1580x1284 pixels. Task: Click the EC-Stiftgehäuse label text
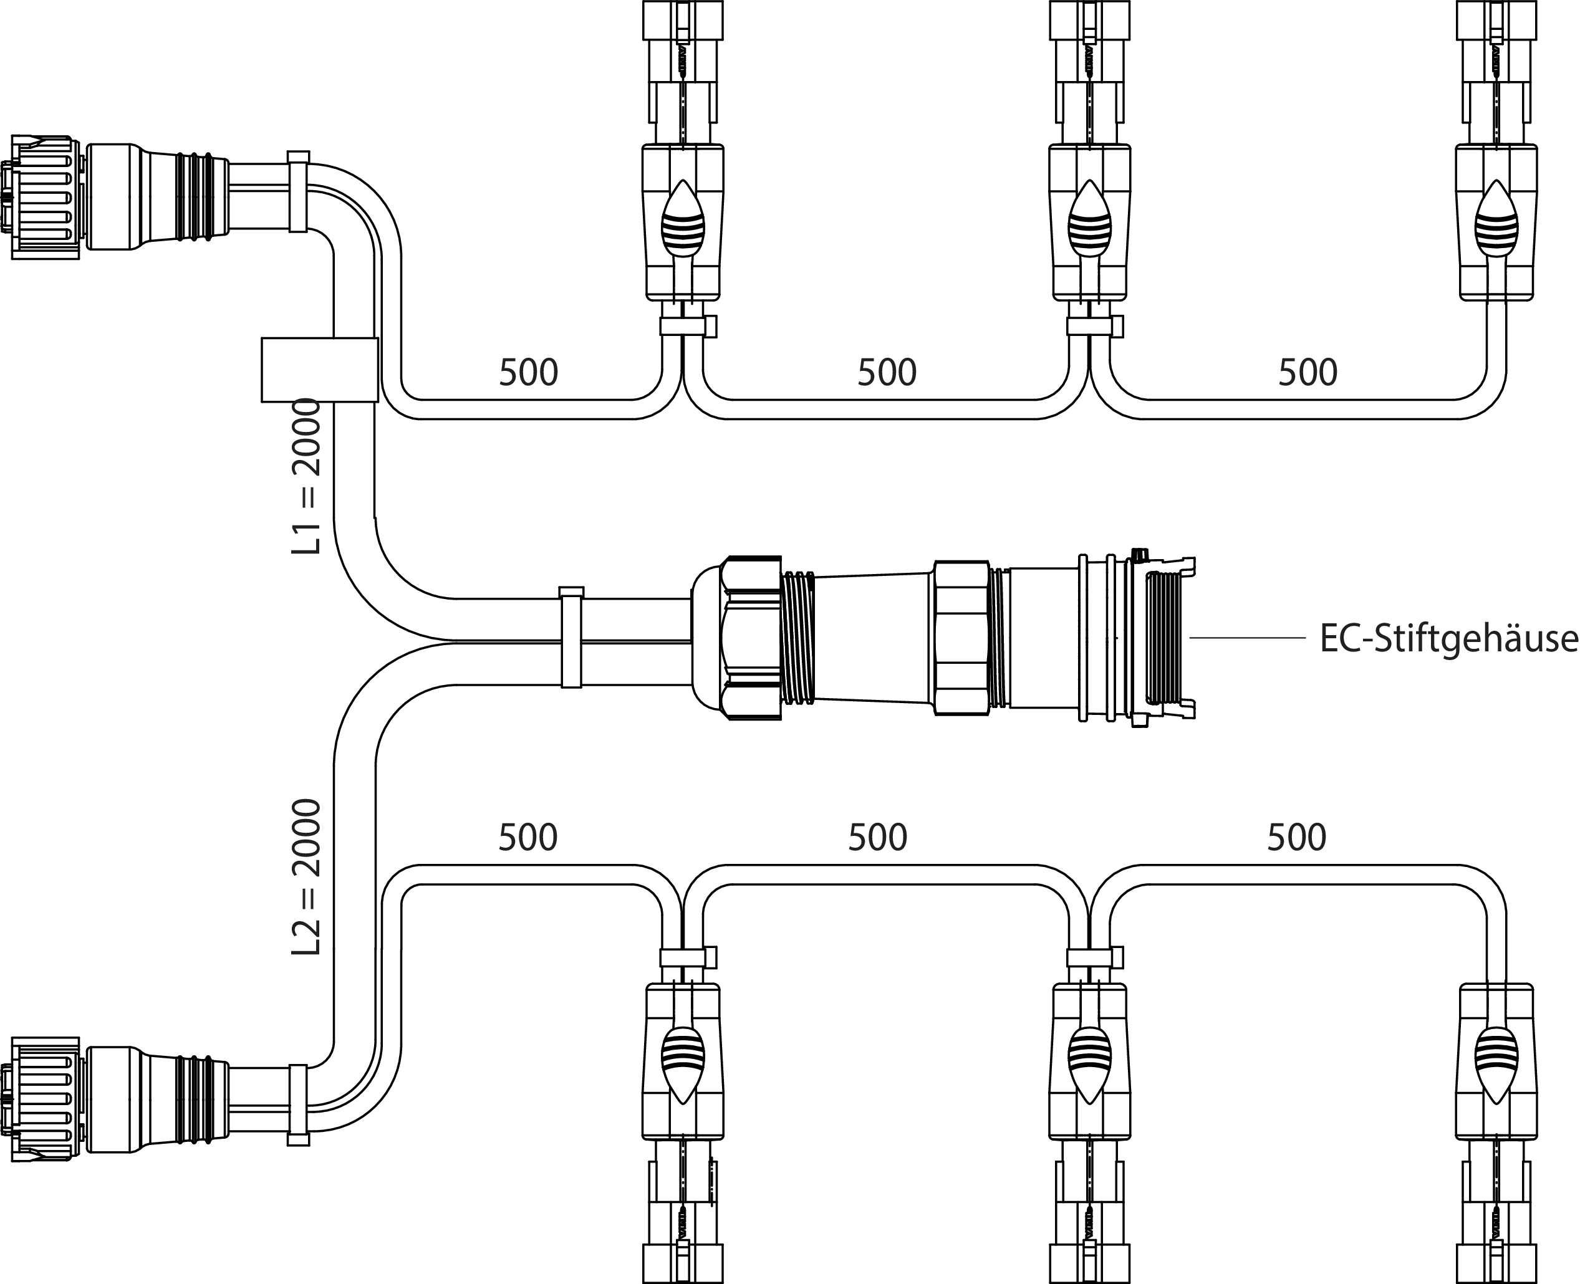[1448, 638]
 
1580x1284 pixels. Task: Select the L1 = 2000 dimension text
[306, 477]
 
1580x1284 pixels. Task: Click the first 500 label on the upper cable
[528, 373]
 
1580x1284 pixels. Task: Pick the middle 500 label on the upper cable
[887, 373]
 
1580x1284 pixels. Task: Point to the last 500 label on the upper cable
[1308, 373]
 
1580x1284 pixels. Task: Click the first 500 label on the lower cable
[527, 837]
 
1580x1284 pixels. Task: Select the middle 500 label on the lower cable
[877, 837]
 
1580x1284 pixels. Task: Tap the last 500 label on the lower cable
[1297, 837]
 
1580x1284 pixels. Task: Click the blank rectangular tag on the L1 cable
[319, 370]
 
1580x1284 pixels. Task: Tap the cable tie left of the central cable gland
[571, 638]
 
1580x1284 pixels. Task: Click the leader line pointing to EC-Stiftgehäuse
[1247, 637]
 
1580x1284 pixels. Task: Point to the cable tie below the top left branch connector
[687, 326]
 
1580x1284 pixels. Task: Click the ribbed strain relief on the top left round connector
[194, 197]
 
